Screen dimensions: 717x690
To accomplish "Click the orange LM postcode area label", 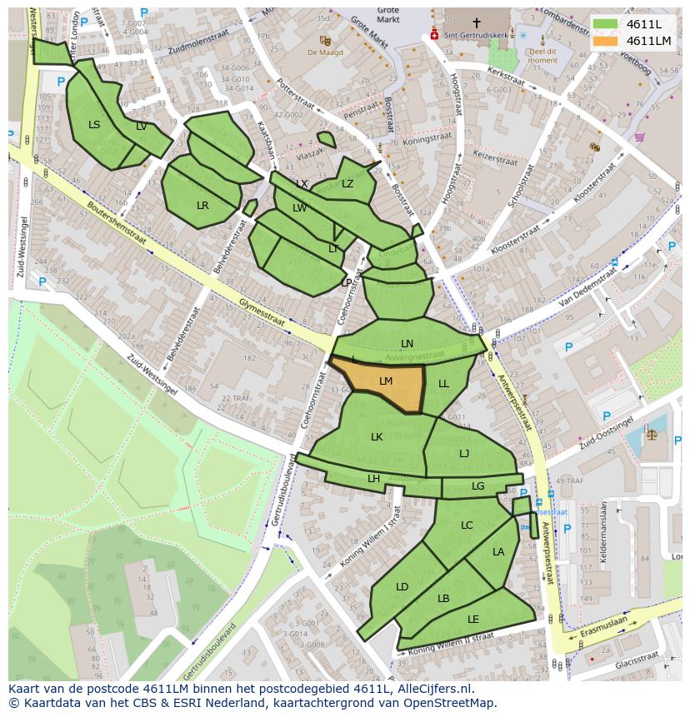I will (x=386, y=381).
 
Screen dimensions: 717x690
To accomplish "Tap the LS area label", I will (x=94, y=125).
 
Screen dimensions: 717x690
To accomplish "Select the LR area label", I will (x=202, y=205).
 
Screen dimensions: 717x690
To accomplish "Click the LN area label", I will (x=407, y=343).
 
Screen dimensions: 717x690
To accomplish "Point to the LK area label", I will (x=377, y=436).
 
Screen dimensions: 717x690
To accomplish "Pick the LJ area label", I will (x=464, y=453).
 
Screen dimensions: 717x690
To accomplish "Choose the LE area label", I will (x=473, y=619).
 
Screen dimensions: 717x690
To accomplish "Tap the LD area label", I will (x=402, y=587).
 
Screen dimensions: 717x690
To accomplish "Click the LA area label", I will (x=498, y=551).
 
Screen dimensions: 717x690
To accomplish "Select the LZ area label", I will (x=347, y=184).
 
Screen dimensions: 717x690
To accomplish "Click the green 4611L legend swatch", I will (x=605, y=24).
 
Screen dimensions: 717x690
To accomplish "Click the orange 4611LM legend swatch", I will (x=605, y=41).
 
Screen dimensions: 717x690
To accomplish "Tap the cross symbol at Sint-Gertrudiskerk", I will (x=477, y=23).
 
